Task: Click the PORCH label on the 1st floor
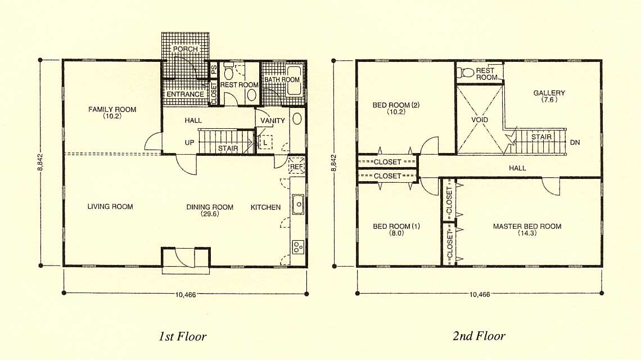(x=185, y=49)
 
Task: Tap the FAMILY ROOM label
(x=112, y=109)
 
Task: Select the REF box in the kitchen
(x=296, y=166)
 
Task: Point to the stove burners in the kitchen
(x=298, y=247)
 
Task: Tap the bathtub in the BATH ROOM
(x=294, y=80)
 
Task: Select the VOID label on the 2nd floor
(x=480, y=120)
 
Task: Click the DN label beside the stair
(x=575, y=142)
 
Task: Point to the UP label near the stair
(x=189, y=142)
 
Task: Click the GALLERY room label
(x=549, y=93)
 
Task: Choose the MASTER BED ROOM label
(x=527, y=226)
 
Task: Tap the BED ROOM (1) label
(x=396, y=226)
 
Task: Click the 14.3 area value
(x=527, y=233)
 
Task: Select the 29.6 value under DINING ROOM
(x=210, y=214)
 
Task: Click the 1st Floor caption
(x=182, y=336)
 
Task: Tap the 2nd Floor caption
(x=479, y=336)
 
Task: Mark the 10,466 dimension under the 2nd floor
(x=480, y=294)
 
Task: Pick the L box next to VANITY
(x=265, y=142)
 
